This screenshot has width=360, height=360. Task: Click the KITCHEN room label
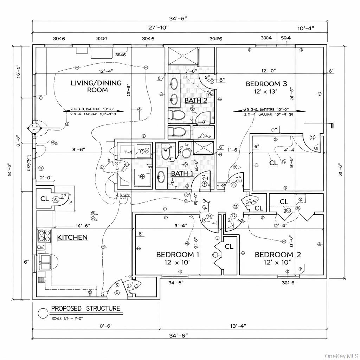[72, 237]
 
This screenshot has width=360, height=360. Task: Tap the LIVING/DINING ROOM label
[96, 86]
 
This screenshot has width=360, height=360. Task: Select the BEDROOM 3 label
[266, 84]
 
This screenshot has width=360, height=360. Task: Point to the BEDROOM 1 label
[178, 255]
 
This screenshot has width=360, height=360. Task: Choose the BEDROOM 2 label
[278, 255]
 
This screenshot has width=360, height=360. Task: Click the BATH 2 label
[196, 101]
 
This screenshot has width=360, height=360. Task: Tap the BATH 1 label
[182, 173]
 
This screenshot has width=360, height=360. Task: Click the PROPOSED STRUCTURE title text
[85, 309]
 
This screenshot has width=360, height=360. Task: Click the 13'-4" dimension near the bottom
[238, 326]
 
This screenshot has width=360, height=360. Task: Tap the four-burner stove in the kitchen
[44, 236]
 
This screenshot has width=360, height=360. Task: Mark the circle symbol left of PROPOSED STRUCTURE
[43, 313]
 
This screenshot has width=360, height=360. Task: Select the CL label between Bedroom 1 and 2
[229, 247]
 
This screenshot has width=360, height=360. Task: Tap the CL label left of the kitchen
[44, 199]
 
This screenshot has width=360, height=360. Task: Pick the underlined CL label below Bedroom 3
[273, 163]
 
